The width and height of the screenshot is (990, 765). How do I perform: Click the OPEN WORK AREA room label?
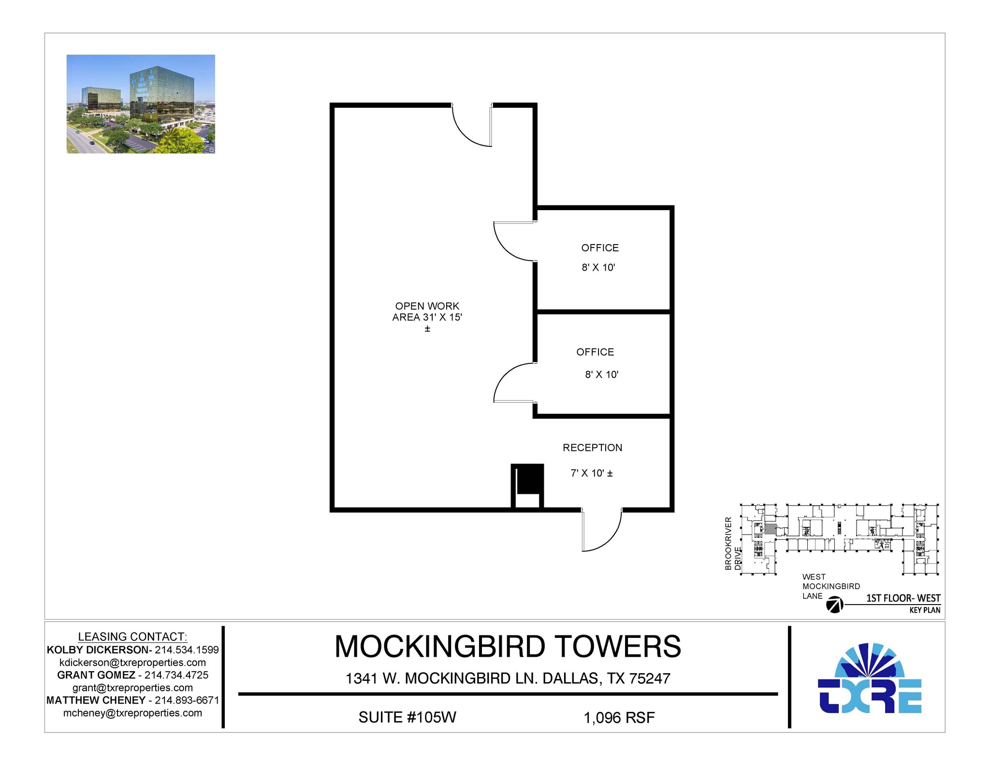[427, 312]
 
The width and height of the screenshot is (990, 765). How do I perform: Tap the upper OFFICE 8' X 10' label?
[599, 257]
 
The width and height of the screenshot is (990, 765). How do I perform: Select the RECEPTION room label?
[592, 447]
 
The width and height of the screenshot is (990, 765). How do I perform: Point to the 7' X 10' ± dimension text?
[592, 473]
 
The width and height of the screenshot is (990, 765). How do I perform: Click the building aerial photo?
[141, 104]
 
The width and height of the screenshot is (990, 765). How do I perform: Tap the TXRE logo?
[870, 679]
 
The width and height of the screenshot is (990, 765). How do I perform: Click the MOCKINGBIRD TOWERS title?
[508, 646]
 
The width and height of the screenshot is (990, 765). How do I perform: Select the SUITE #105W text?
[407, 717]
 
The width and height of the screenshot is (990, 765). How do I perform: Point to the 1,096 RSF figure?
[619, 718]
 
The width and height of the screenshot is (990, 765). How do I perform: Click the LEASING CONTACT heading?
[132, 636]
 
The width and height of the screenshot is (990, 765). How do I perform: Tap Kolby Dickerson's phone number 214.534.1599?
[187, 650]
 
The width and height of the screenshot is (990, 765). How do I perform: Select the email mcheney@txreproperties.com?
[132, 713]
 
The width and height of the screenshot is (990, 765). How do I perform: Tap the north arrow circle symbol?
[835, 605]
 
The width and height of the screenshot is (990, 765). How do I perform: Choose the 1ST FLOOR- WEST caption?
[903, 598]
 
